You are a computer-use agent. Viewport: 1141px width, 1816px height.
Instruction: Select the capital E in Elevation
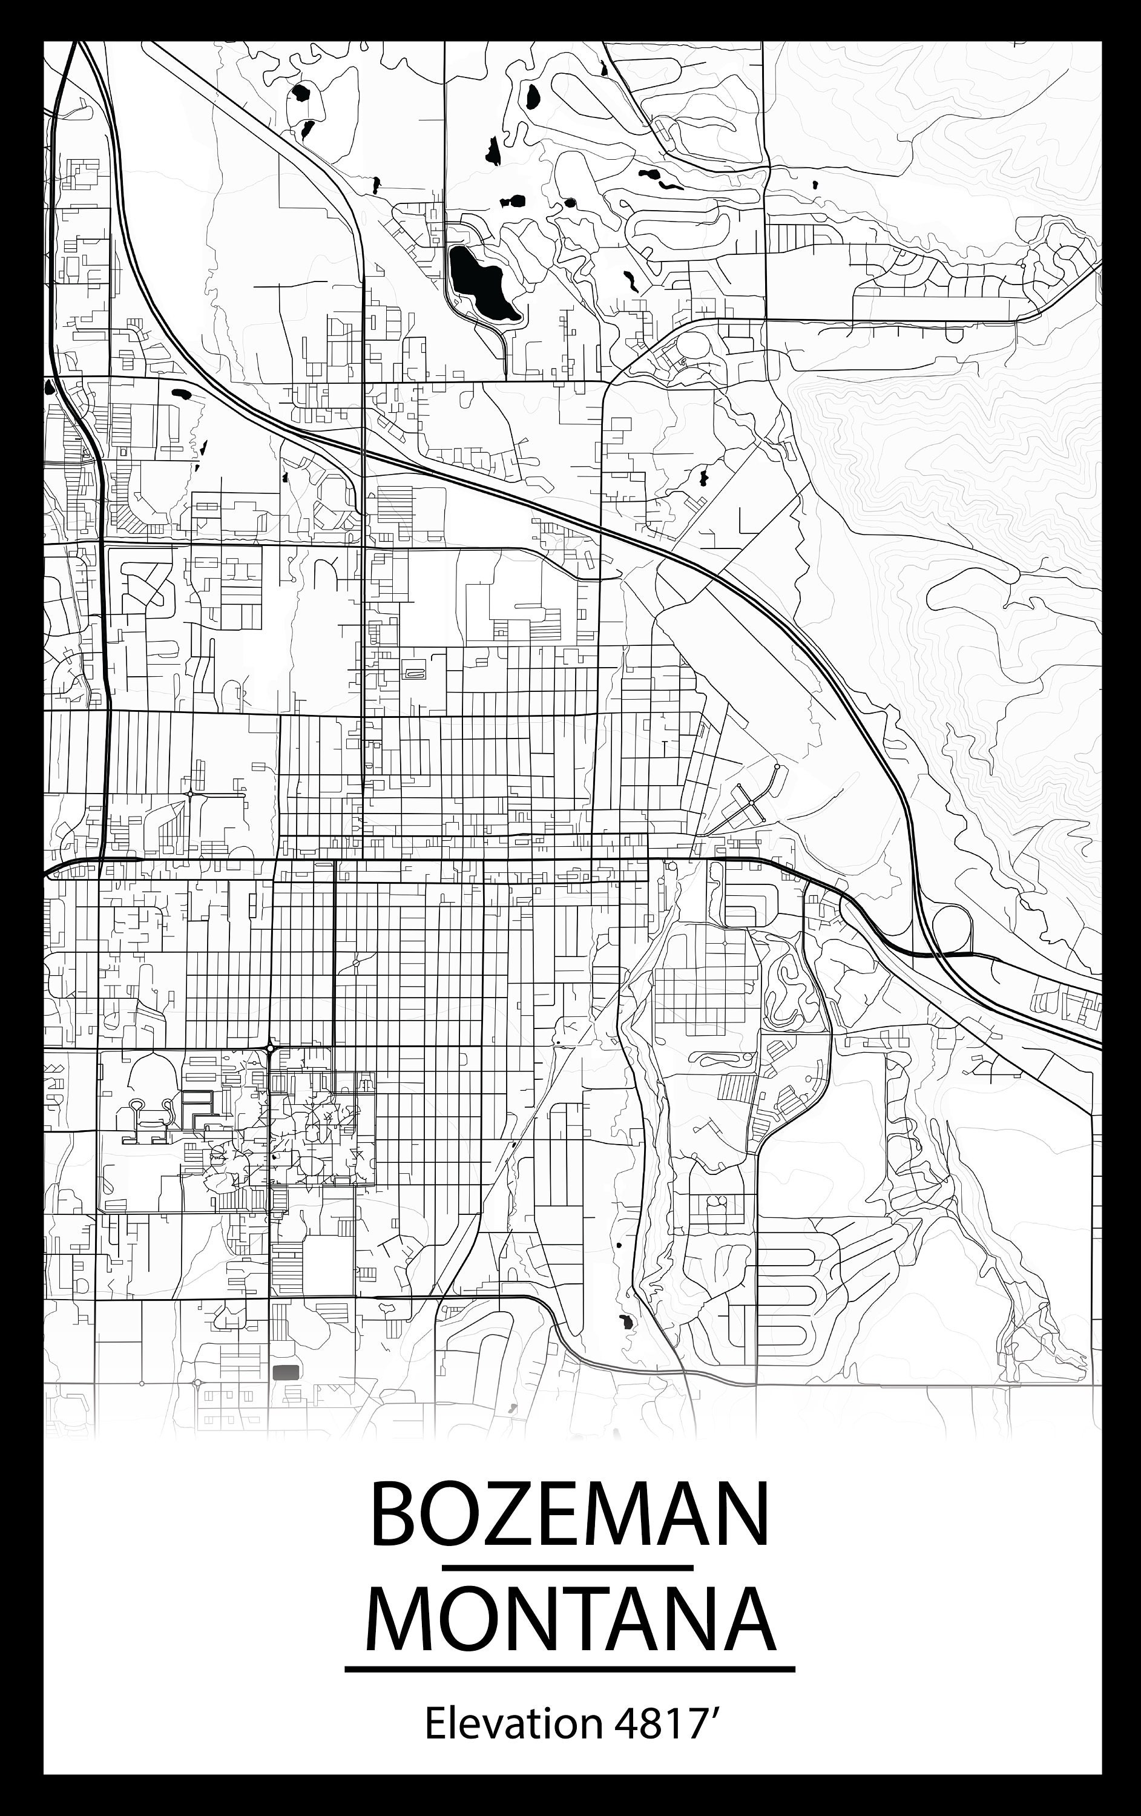(435, 1724)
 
